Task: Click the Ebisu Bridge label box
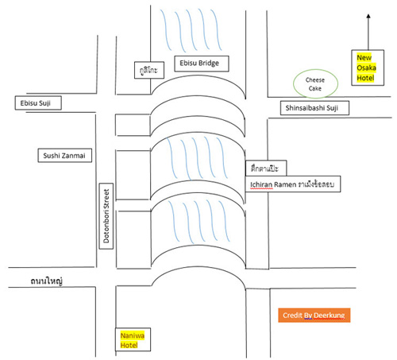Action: click(x=202, y=64)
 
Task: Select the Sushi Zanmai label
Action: click(x=65, y=155)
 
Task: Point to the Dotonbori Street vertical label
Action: click(x=106, y=216)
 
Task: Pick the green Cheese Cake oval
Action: click(x=315, y=83)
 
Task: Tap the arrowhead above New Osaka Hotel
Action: click(x=368, y=16)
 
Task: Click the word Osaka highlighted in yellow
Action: click(x=366, y=68)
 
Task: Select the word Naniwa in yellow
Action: click(x=133, y=335)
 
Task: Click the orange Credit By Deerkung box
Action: click(x=314, y=315)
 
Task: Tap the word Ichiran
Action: click(x=261, y=184)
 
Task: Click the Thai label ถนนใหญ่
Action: click(x=47, y=281)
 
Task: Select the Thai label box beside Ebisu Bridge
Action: click(x=149, y=70)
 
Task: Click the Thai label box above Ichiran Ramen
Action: click(x=266, y=168)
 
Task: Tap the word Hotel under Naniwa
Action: click(x=129, y=345)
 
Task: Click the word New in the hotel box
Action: click(x=364, y=57)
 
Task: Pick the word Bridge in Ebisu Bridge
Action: click(x=209, y=64)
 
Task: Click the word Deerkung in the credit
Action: click(x=330, y=315)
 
